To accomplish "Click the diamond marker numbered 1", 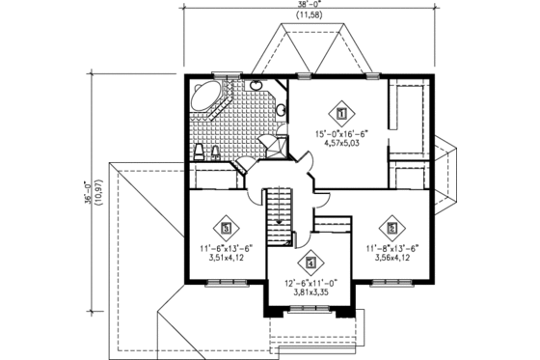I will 339,110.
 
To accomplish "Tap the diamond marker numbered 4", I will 310,261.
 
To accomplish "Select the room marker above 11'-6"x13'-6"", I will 227,229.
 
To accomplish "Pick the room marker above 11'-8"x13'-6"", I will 392,229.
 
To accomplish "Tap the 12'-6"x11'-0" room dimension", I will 310,284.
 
